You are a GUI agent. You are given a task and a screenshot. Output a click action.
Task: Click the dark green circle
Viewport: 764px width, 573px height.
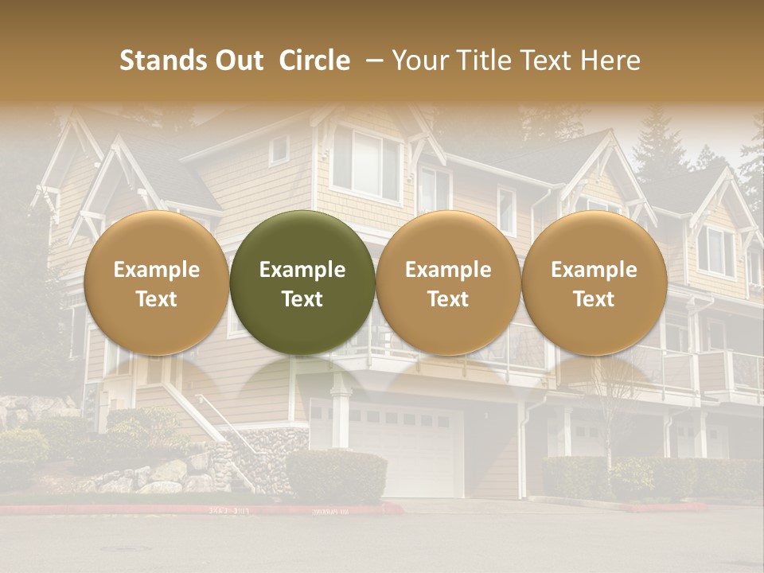coord(302,283)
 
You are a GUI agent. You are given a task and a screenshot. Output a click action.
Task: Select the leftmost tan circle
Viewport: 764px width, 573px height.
coord(157,283)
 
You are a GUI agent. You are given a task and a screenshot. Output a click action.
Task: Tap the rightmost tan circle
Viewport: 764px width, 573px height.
coord(594,283)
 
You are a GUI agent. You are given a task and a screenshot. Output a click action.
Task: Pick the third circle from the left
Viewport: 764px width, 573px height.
coord(448,283)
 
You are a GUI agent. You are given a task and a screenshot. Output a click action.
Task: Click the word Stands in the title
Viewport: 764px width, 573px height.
coord(162,60)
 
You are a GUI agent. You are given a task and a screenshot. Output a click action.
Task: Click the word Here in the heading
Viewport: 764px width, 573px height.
coord(611,60)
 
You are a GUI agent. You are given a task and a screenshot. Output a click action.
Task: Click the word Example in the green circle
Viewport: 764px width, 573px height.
coord(302,270)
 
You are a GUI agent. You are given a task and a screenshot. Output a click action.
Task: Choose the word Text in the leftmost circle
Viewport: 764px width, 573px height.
coord(157,299)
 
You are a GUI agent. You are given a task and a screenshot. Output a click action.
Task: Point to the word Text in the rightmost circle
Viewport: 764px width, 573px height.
coord(594,299)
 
